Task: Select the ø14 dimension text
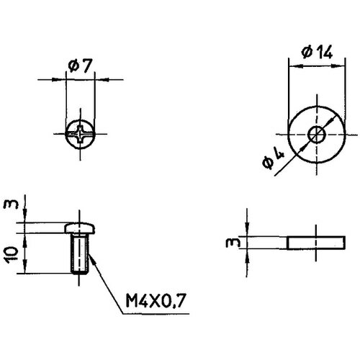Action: [315, 52]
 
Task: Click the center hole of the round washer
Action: [315, 134]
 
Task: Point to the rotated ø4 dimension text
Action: [272, 159]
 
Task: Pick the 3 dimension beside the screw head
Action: [9, 208]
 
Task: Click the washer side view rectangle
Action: [315, 242]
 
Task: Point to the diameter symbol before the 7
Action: [73, 66]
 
